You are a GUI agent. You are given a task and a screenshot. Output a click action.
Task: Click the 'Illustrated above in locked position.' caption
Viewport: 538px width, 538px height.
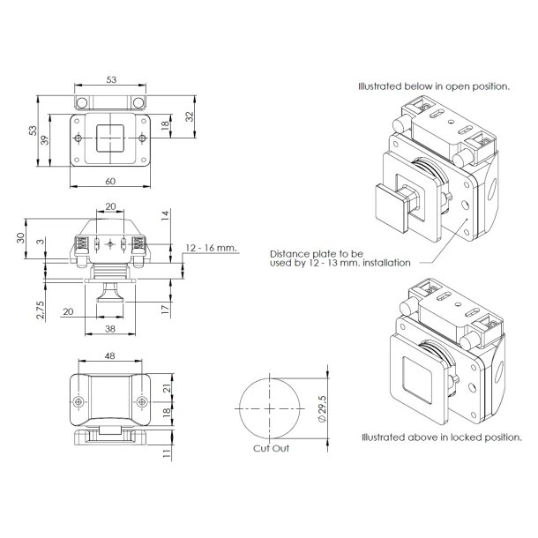pyautogui.click(x=440, y=437)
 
